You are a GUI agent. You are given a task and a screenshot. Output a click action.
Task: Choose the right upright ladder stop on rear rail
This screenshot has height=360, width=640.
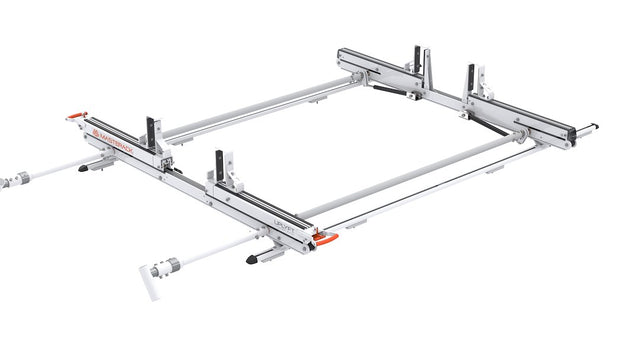472,81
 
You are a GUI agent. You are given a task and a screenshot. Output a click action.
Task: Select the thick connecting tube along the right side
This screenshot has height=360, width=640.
410,176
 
